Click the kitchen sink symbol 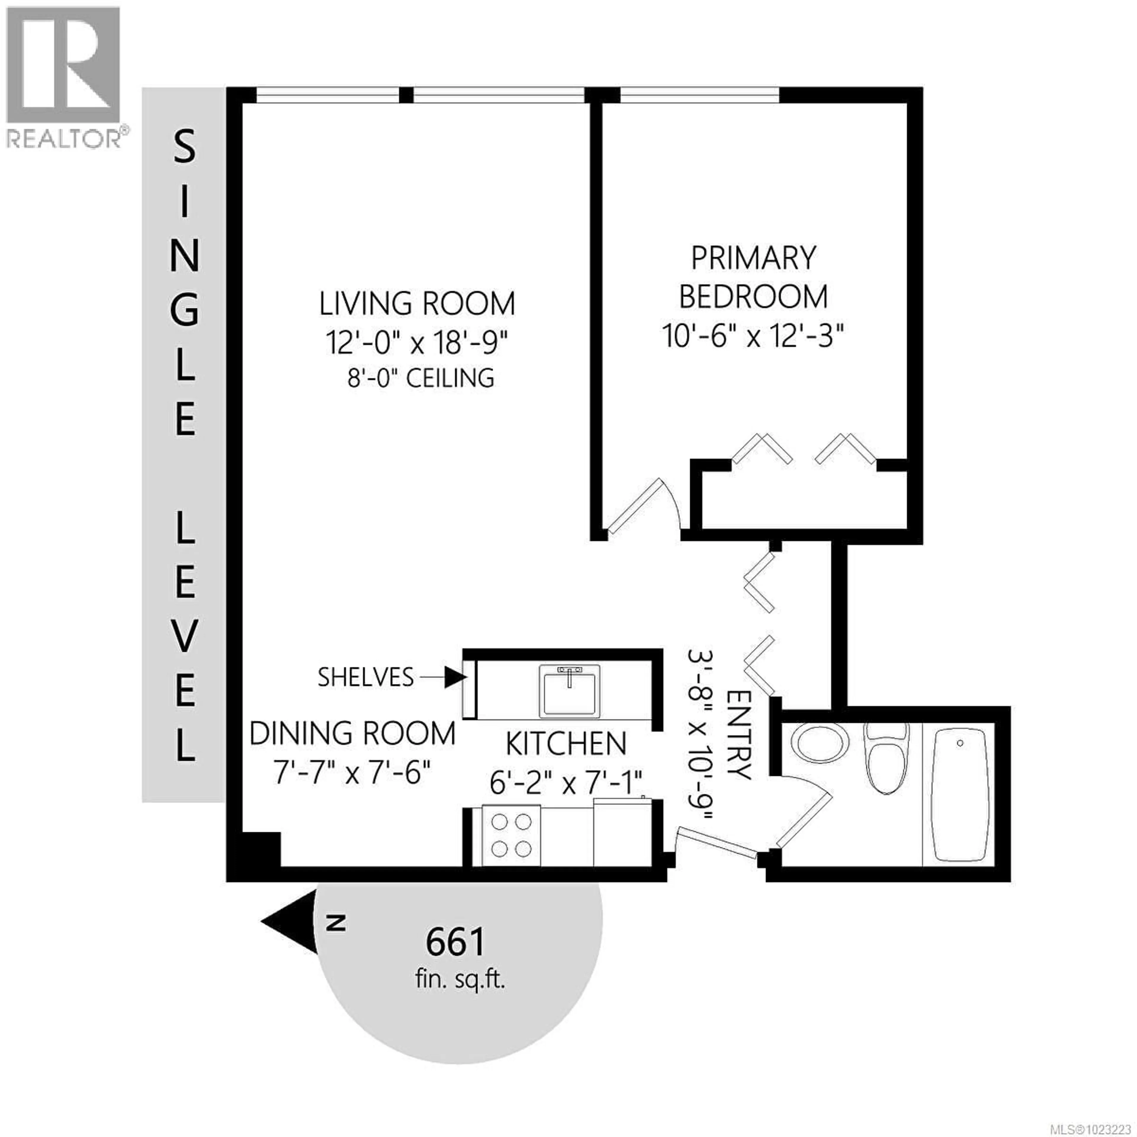coord(569,691)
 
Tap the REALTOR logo coord(65,76)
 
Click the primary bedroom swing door coord(639,506)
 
